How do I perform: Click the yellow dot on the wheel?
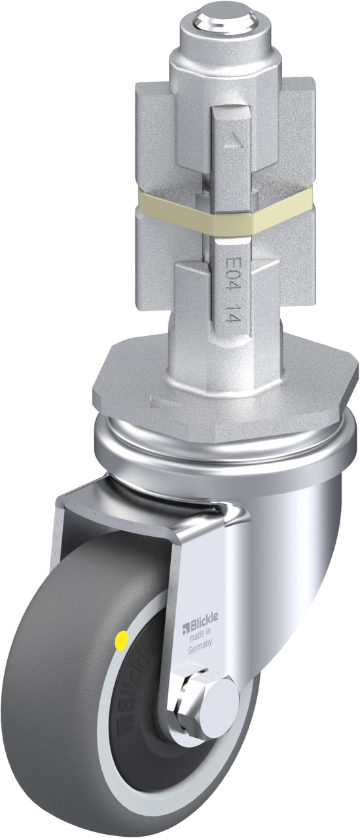point(122,640)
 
